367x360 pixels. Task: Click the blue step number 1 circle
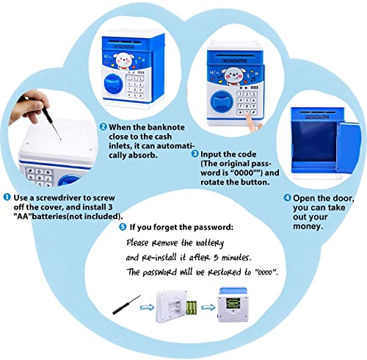7,198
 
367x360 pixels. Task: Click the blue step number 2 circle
103,126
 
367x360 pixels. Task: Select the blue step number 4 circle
287,198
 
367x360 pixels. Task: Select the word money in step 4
308,227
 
